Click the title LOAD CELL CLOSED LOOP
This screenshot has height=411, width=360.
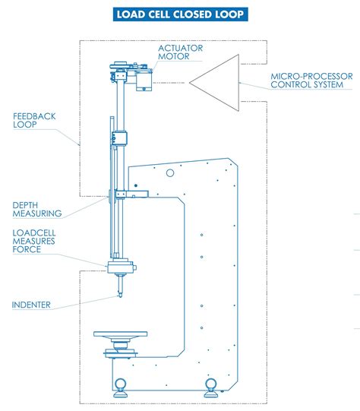point(180,14)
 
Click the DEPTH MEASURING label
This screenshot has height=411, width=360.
point(36,209)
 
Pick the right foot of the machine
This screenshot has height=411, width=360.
point(210,383)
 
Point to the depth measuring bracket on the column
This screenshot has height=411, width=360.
point(122,195)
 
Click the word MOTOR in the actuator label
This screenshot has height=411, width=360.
point(173,57)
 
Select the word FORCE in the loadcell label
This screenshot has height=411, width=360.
point(27,249)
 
